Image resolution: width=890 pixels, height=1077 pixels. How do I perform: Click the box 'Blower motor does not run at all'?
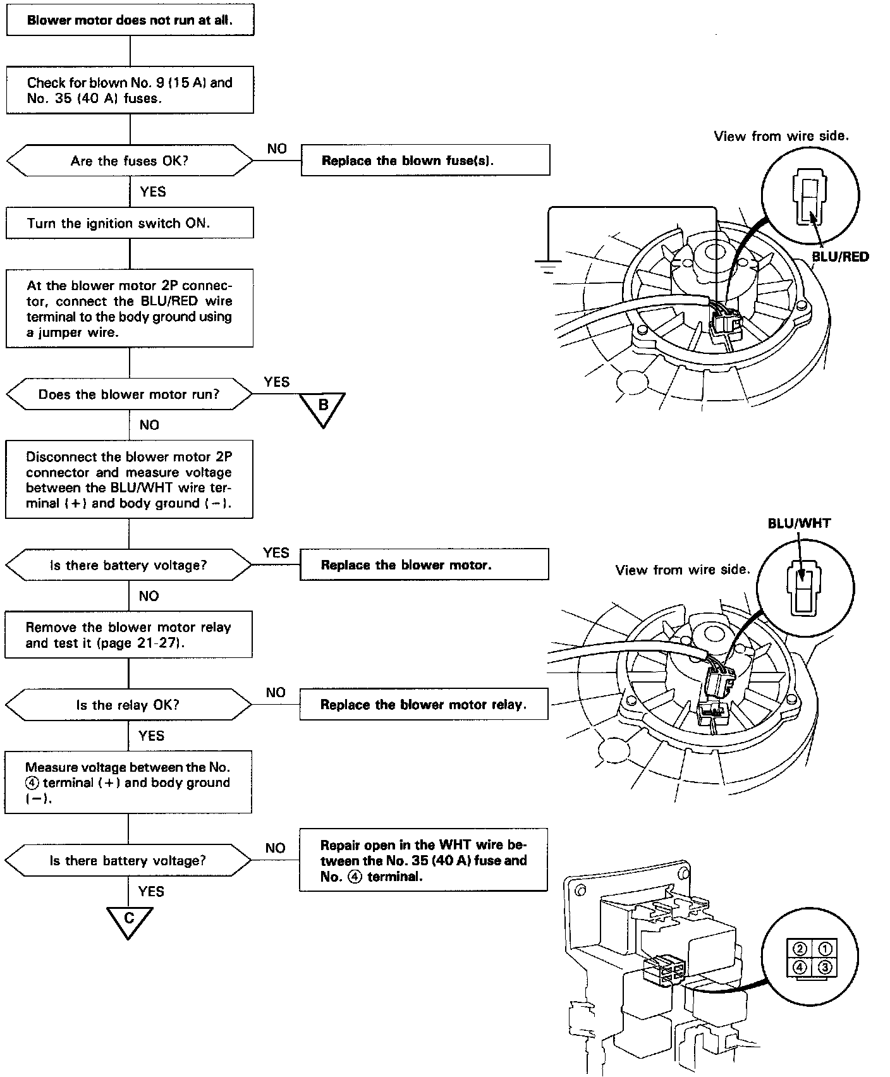(x=130, y=20)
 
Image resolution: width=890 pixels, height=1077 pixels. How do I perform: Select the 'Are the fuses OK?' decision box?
(x=130, y=161)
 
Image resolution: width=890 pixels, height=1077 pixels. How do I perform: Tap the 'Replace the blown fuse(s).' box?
(x=425, y=161)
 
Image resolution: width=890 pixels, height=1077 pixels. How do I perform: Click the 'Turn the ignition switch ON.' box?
(x=130, y=223)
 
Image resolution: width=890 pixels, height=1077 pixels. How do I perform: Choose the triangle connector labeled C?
(x=130, y=920)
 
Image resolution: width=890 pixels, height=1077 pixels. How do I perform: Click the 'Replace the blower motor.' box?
(x=424, y=564)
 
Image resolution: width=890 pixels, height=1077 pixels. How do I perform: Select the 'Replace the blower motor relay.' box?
(x=424, y=704)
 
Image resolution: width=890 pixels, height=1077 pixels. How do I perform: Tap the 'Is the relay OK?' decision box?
(x=128, y=705)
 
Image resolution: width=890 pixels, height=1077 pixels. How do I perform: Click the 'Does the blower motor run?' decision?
(x=129, y=394)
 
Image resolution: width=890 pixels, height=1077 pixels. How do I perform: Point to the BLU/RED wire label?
(x=840, y=257)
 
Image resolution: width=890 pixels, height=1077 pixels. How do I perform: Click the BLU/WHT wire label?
(x=799, y=523)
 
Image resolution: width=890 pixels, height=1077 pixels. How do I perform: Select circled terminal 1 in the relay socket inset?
(x=826, y=949)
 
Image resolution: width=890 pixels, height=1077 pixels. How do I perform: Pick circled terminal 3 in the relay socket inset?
(x=826, y=967)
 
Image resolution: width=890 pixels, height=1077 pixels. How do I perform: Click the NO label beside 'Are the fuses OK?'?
(x=277, y=149)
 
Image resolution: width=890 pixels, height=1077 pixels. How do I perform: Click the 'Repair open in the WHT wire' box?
(x=423, y=860)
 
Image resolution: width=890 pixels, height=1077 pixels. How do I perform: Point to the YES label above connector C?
(x=151, y=891)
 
